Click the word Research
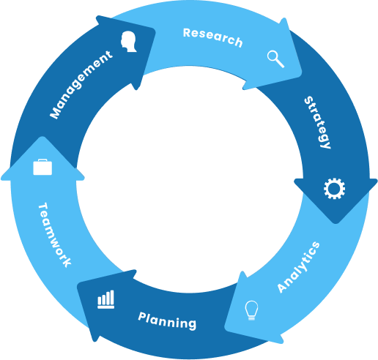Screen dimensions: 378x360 coord(212,37)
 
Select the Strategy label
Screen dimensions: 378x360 coord(318,122)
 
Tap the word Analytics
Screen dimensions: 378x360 coord(298,267)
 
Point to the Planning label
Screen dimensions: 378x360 coord(167,321)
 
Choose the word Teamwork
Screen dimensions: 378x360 coord(55,235)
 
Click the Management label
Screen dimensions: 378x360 coord(81,85)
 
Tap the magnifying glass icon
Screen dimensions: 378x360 coord(275,59)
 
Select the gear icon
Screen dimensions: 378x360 coord(334,189)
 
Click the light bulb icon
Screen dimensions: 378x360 coord(251,310)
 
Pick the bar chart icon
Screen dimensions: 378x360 coord(105,299)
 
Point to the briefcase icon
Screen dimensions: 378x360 coord(42,167)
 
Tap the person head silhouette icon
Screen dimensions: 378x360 coord(128,42)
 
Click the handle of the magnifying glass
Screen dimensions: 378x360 coord(280,63)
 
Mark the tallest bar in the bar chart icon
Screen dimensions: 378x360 coord(112,297)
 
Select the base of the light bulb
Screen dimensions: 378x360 coord(251,318)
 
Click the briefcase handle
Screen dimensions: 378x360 coord(42,160)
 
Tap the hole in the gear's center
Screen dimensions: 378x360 coord(334,189)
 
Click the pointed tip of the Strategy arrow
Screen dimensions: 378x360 coord(336,223)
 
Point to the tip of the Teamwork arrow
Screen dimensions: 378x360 coord(42,137)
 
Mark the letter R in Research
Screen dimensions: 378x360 coord(187,32)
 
